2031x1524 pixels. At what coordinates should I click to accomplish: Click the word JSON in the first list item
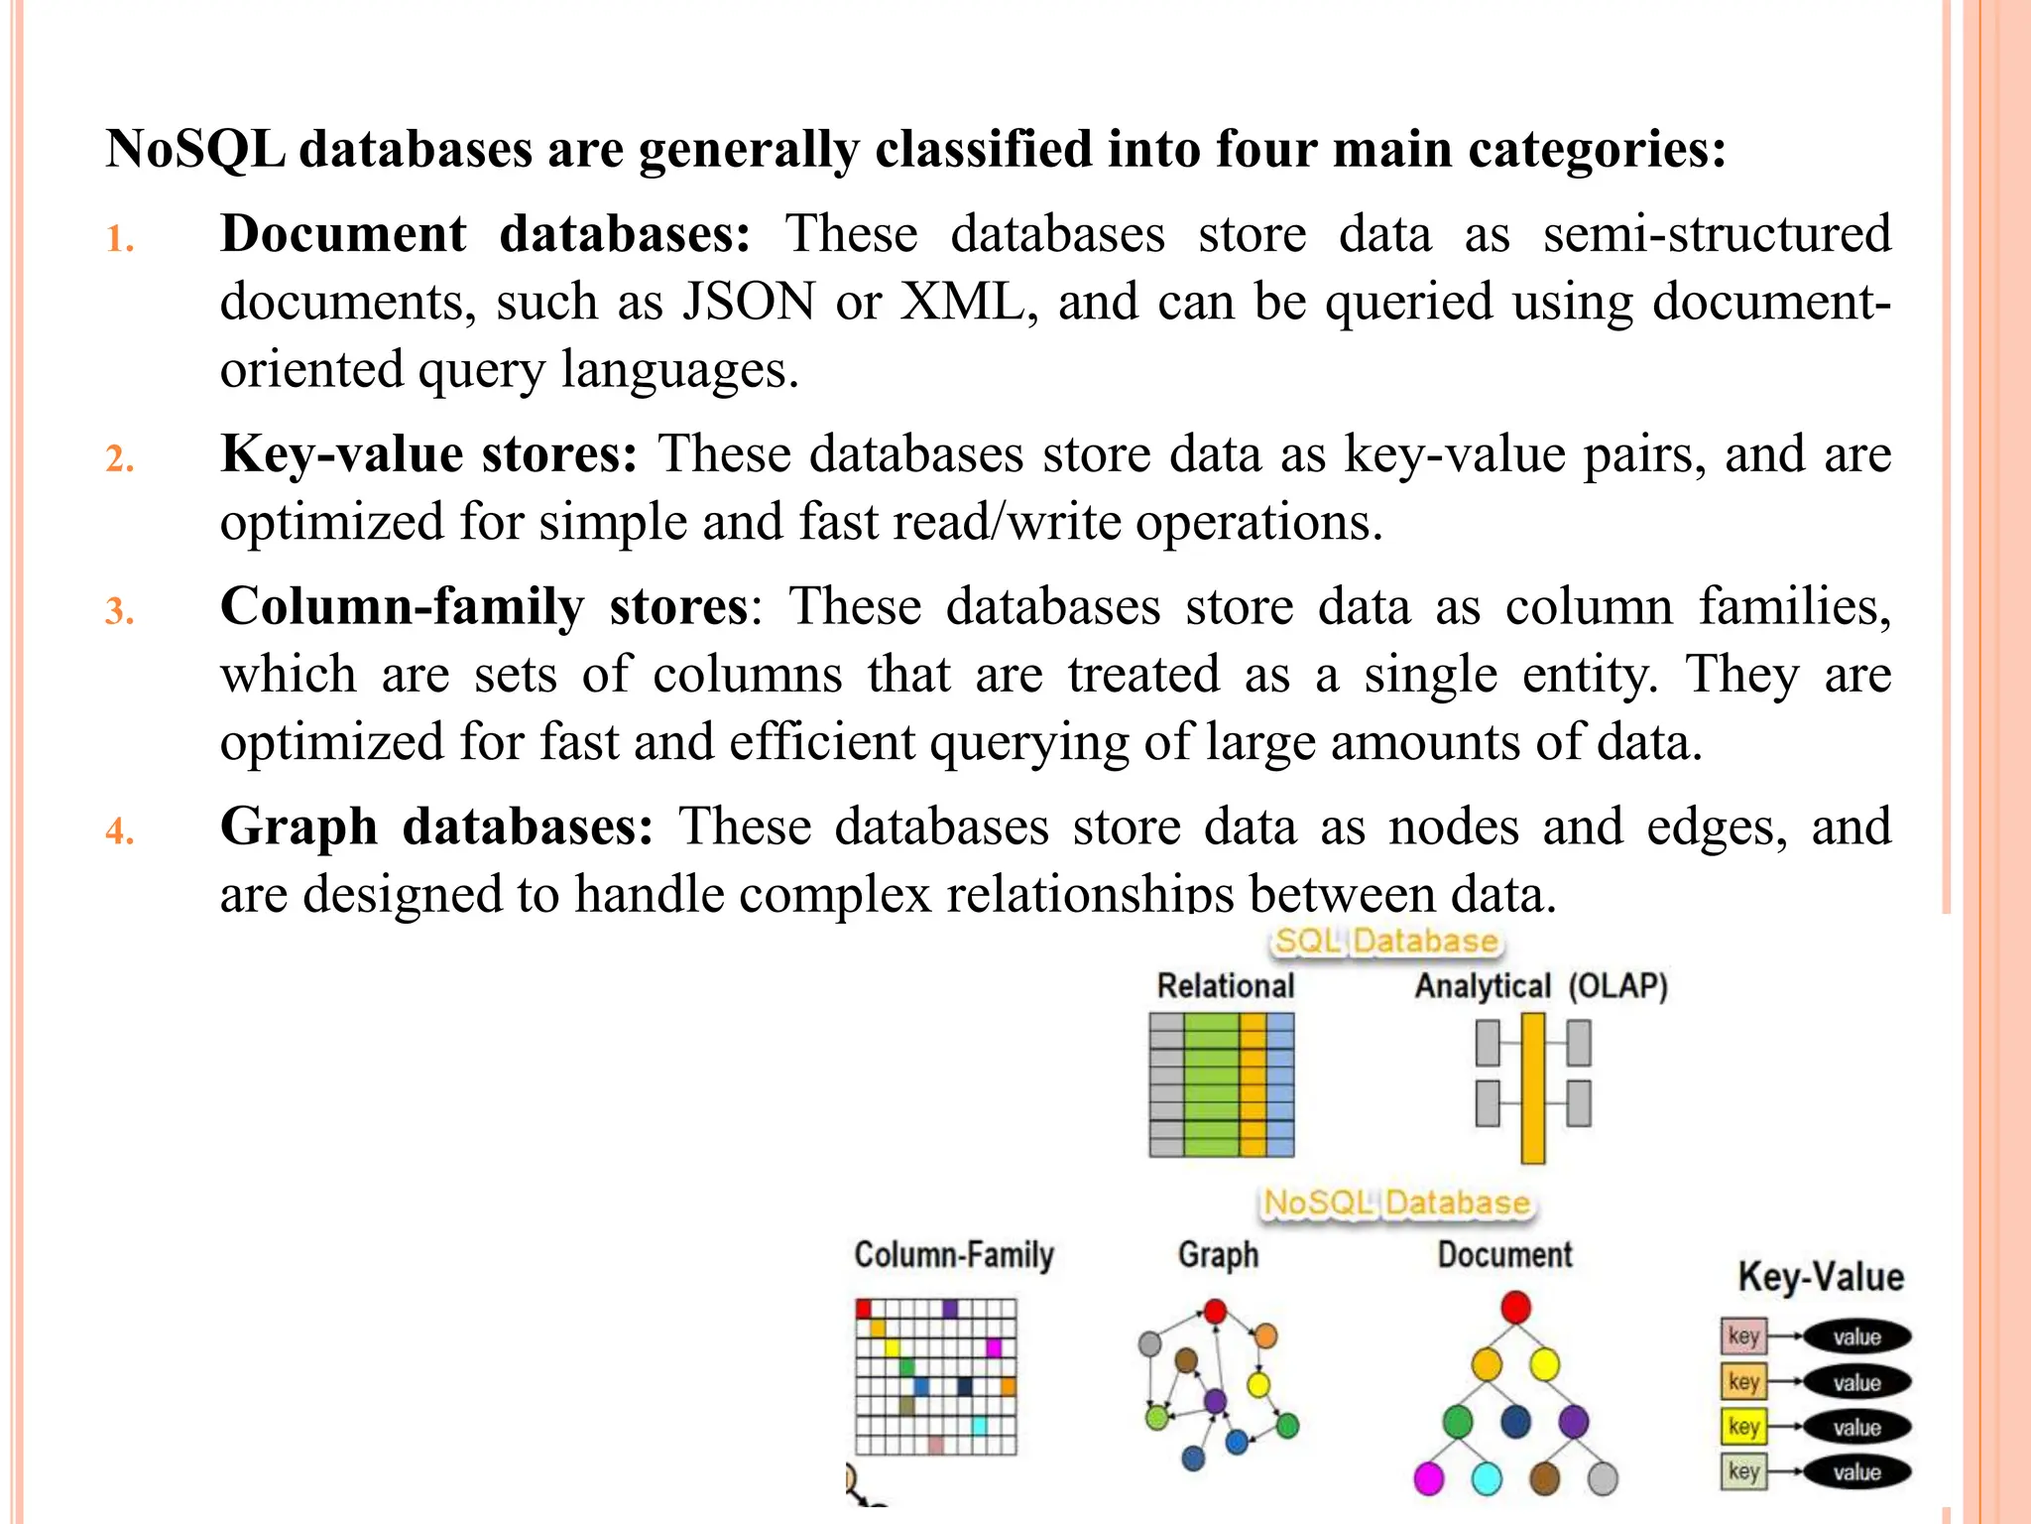click(748, 302)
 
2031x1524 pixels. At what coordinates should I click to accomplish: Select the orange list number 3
click(120, 611)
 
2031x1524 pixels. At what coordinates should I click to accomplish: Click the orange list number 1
click(120, 239)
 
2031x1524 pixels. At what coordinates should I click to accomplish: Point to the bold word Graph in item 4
click(299, 826)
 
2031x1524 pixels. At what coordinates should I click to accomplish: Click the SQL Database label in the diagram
click(1385, 941)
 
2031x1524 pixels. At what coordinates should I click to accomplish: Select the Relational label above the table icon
click(1226, 986)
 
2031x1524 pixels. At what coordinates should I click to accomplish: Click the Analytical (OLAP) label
click(1540, 986)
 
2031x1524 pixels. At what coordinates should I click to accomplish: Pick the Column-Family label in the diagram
click(954, 1255)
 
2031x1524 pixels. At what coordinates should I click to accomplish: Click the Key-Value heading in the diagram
click(1821, 1277)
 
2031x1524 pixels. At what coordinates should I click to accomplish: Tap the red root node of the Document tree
click(1515, 1308)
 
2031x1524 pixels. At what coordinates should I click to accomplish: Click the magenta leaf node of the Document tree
click(1428, 1478)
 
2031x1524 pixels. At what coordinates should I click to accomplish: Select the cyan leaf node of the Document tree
click(1487, 1478)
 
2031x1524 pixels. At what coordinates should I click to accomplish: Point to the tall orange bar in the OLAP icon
click(1533, 1087)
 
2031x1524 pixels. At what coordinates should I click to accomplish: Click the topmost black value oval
click(1856, 1336)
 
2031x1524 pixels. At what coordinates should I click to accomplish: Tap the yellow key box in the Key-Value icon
click(1743, 1427)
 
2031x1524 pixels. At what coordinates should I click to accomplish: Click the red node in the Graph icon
click(1215, 1312)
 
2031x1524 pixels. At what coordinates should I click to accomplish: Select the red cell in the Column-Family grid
click(864, 1309)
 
